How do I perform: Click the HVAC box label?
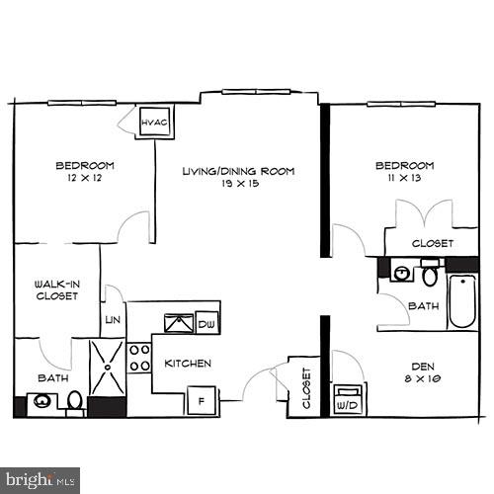coord(155,123)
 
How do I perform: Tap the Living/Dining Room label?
coord(238,171)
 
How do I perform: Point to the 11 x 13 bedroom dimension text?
coord(404,178)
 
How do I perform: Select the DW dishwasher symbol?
coord(206,323)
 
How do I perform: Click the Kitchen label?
coord(188,364)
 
